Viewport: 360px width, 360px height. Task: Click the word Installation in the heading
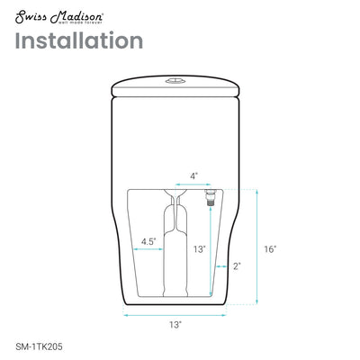79,41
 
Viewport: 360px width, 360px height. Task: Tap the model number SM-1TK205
40,343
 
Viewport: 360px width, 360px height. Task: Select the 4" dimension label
193,175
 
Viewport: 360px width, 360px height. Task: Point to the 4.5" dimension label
150,241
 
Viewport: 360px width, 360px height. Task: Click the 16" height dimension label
270,248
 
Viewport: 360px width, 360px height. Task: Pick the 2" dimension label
236,265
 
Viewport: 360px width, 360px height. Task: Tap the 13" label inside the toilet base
199,248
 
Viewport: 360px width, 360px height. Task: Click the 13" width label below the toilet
175,322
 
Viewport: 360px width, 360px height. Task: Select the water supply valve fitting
210,194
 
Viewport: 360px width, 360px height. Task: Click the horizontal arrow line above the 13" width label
175,311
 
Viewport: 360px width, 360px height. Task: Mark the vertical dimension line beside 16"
256,248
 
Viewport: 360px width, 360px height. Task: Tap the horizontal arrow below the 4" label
192,185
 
